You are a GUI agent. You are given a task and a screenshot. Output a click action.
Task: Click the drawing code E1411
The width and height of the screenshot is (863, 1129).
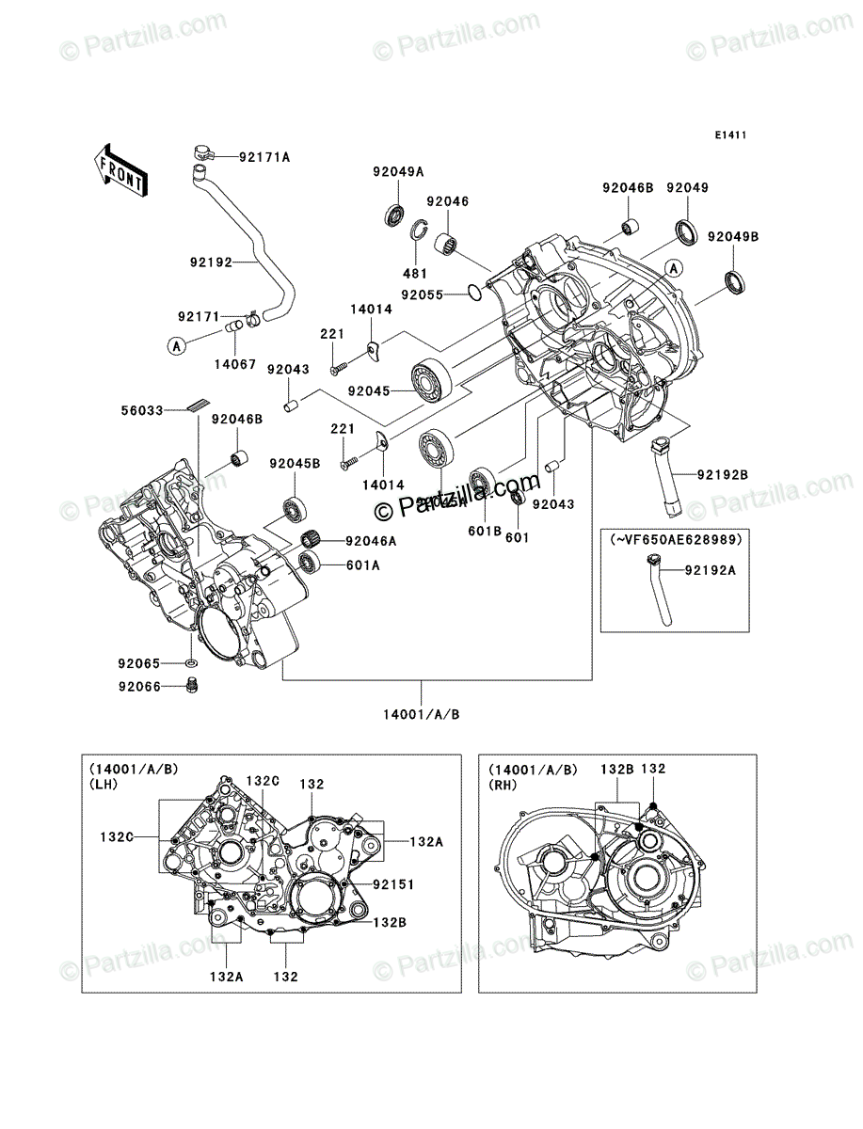click(729, 135)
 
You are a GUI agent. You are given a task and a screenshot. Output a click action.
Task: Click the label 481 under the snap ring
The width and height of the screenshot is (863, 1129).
click(415, 273)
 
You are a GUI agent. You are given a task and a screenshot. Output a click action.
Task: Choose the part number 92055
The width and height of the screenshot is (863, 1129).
click(423, 294)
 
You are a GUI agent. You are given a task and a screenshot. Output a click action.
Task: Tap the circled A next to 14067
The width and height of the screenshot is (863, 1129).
click(176, 346)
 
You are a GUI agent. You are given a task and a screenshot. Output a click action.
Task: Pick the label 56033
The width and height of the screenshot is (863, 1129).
click(142, 410)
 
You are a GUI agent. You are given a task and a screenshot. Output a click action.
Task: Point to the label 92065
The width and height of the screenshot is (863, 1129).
click(137, 663)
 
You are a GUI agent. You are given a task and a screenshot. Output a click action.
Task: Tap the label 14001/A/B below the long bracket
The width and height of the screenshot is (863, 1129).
click(422, 714)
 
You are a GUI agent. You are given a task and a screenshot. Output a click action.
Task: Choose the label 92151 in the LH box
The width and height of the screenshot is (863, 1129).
click(393, 884)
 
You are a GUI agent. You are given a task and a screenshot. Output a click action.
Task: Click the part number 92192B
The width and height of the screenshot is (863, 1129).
click(722, 474)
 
